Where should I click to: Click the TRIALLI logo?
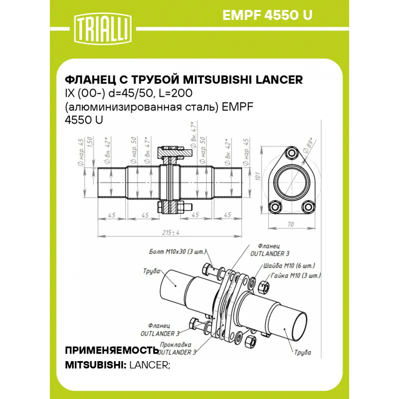click(103, 29)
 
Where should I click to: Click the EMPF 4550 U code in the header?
click(267, 15)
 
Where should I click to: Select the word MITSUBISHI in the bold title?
click(218, 80)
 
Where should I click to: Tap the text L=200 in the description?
click(175, 93)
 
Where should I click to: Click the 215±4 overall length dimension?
click(171, 232)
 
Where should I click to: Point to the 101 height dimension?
click(258, 176)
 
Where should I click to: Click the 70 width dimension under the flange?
click(290, 224)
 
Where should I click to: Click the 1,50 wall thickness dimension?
click(90, 142)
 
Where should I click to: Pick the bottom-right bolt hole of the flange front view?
click(308, 207)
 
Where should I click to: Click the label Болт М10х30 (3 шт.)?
click(178, 252)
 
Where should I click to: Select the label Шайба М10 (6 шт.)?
click(289, 266)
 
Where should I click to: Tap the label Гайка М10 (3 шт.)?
click(296, 275)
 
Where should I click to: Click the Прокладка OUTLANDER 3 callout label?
click(177, 348)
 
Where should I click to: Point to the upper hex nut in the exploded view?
click(263, 287)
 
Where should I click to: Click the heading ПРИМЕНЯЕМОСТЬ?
click(112, 351)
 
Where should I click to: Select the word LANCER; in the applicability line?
click(150, 365)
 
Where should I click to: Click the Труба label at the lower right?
click(303, 353)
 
